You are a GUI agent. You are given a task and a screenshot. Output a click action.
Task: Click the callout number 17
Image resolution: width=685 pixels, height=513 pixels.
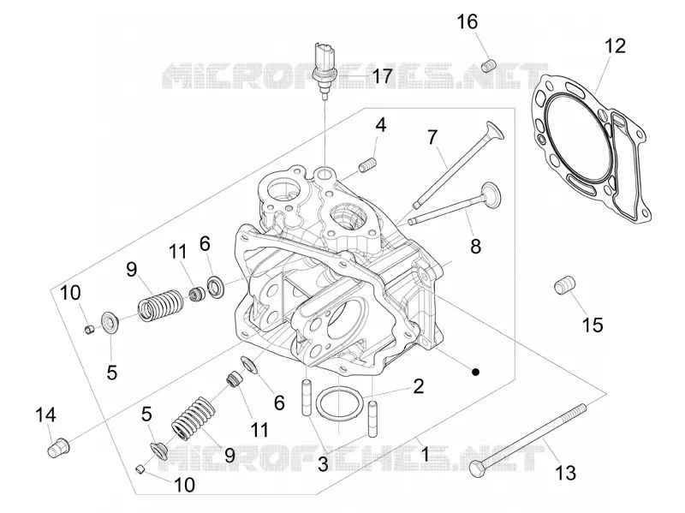(x=382, y=76)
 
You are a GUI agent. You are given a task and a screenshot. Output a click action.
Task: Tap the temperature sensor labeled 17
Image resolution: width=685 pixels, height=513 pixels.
(x=323, y=69)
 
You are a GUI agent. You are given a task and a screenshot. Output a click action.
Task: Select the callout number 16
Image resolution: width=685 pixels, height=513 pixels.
(x=468, y=22)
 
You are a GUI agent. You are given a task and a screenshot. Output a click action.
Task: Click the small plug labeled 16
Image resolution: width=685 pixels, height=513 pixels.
(x=488, y=66)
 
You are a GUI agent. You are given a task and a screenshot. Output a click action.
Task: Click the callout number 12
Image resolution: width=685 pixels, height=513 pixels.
(x=615, y=46)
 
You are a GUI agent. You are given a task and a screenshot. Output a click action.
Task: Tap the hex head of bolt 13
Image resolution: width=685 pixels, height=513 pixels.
(x=478, y=468)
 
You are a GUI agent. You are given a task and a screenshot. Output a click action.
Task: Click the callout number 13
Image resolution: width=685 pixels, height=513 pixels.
(x=565, y=473)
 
